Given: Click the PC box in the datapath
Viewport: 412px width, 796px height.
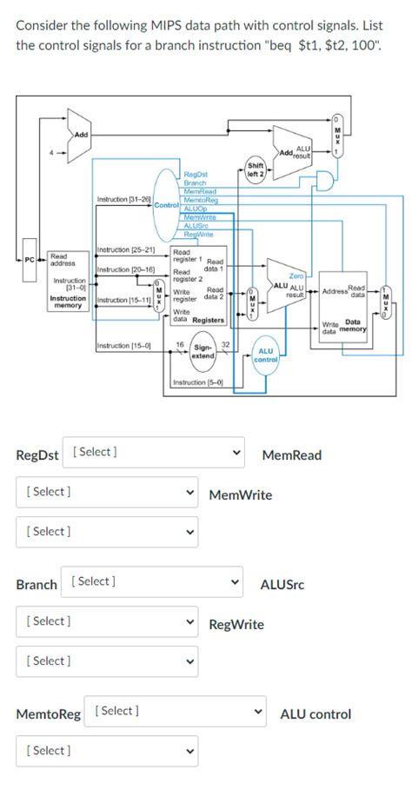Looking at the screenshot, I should pyautogui.click(x=30, y=259).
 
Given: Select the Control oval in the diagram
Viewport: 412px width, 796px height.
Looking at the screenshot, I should pyautogui.click(x=166, y=205).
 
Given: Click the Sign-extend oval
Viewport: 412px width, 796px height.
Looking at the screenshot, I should pyautogui.click(x=203, y=352).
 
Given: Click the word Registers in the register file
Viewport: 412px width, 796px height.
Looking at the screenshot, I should pyautogui.click(x=209, y=320).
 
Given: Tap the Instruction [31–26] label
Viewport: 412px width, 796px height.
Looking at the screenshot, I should pyautogui.click(x=124, y=200).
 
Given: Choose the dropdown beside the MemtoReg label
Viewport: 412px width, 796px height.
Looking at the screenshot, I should pyautogui.click(x=176, y=712).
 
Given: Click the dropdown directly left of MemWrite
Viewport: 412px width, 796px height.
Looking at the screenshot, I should pyautogui.click(x=107, y=492).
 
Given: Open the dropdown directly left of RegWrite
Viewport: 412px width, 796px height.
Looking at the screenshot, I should pyautogui.click(x=107, y=621).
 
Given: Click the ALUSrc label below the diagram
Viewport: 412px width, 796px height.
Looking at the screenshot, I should pyautogui.click(x=282, y=585).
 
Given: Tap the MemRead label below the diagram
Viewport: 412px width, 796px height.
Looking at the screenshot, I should pyautogui.click(x=291, y=455).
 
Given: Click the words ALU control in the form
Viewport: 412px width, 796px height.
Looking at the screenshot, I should pyautogui.click(x=316, y=714).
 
